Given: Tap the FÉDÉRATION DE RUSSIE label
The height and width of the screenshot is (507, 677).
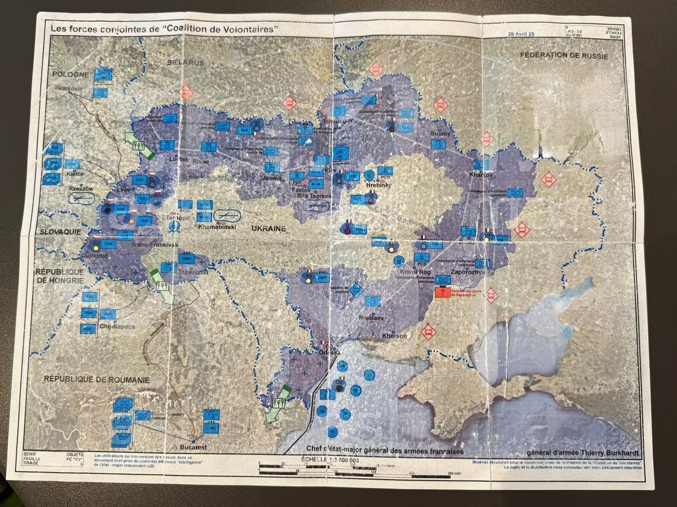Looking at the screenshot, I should [x=565, y=55].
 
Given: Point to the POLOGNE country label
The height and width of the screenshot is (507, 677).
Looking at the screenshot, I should [x=71, y=74].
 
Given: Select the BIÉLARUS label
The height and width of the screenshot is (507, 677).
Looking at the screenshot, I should [x=186, y=63].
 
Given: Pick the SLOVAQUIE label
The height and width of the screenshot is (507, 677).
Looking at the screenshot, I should [x=60, y=232].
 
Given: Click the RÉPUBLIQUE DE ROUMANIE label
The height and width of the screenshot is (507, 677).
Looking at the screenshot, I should [x=96, y=380].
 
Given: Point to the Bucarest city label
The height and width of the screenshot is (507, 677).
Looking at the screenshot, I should [x=194, y=447].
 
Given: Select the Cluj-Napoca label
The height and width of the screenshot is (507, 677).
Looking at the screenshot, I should [x=116, y=326].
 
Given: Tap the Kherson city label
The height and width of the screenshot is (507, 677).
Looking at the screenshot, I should [x=394, y=336].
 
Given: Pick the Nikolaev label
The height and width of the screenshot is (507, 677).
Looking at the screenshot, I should [x=371, y=318].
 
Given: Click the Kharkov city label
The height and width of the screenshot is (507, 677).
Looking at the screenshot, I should [x=481, y=175].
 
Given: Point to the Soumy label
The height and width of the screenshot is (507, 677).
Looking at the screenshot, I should [x=441, y=134].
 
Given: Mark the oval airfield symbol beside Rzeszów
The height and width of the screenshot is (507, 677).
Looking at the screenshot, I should [x=82, y=198].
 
